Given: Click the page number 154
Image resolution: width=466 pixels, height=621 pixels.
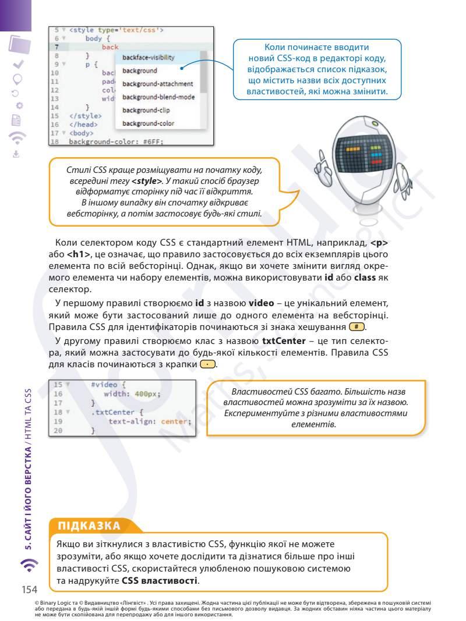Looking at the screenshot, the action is (29, 590).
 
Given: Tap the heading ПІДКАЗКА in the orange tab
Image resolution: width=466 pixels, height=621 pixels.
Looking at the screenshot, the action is (89, 526).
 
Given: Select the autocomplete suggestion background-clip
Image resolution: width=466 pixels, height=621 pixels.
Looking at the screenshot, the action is (146, 110).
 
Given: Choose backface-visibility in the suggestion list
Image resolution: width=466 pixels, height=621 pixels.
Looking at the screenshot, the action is (148, 58).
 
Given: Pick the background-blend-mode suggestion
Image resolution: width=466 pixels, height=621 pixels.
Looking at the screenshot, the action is (158, 97).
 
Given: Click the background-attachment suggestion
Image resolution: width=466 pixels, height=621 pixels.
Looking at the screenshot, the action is (157, 84).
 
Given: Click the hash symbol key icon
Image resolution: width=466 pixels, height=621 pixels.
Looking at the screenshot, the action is (356, 327).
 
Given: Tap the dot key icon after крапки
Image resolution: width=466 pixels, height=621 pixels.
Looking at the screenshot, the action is (208, 364).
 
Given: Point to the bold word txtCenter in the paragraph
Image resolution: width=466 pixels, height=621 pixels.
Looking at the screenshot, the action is (284, 341).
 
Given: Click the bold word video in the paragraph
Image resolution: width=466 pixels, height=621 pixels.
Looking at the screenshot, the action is (261, 303).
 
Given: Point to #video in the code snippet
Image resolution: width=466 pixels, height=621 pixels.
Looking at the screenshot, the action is (104, 385).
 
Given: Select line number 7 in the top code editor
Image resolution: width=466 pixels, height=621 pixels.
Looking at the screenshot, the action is (57, 47).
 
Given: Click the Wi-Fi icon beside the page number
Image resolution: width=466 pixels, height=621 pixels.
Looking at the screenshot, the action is (30, 565).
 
